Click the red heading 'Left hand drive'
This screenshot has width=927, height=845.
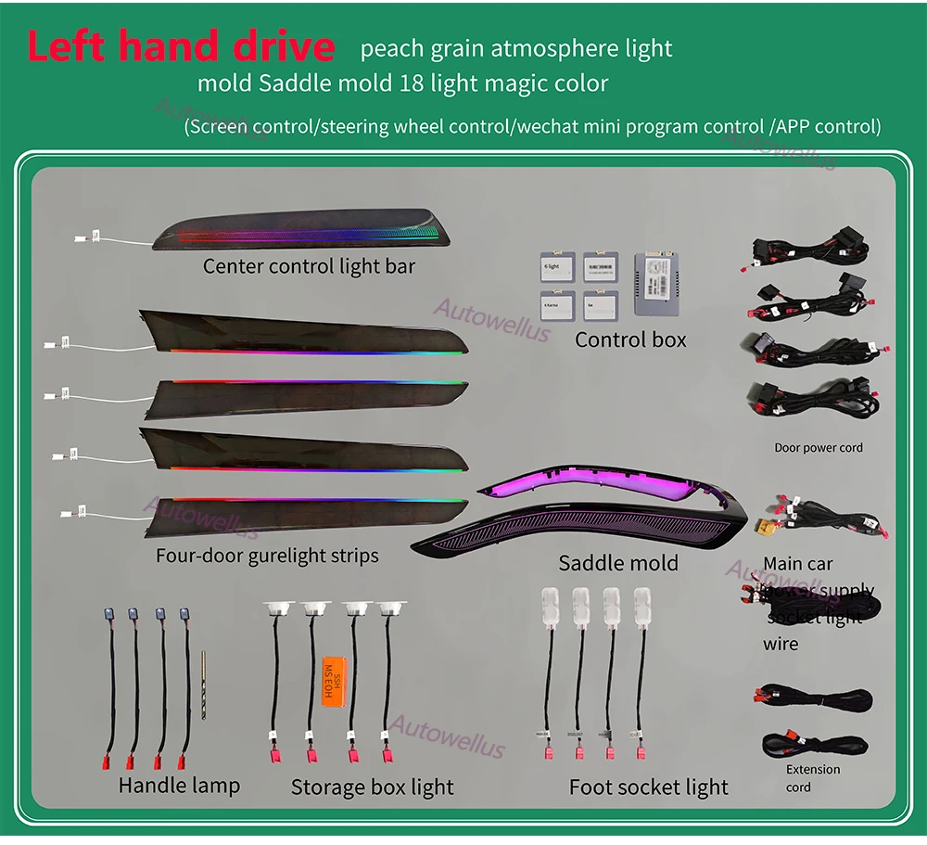point(181,45)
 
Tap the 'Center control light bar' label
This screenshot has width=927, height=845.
point(309,267)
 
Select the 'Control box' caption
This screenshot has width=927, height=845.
point(630,339)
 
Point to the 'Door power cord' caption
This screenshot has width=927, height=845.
point(818,447)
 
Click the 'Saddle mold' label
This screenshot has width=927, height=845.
point(618,563)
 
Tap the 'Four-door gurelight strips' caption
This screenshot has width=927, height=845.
point(267,556)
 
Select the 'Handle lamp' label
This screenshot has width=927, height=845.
point(179,786)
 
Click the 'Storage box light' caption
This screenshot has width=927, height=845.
point(372,787)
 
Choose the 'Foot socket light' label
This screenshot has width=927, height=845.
point(649,787)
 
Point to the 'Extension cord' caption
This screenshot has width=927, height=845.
point(812,778)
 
